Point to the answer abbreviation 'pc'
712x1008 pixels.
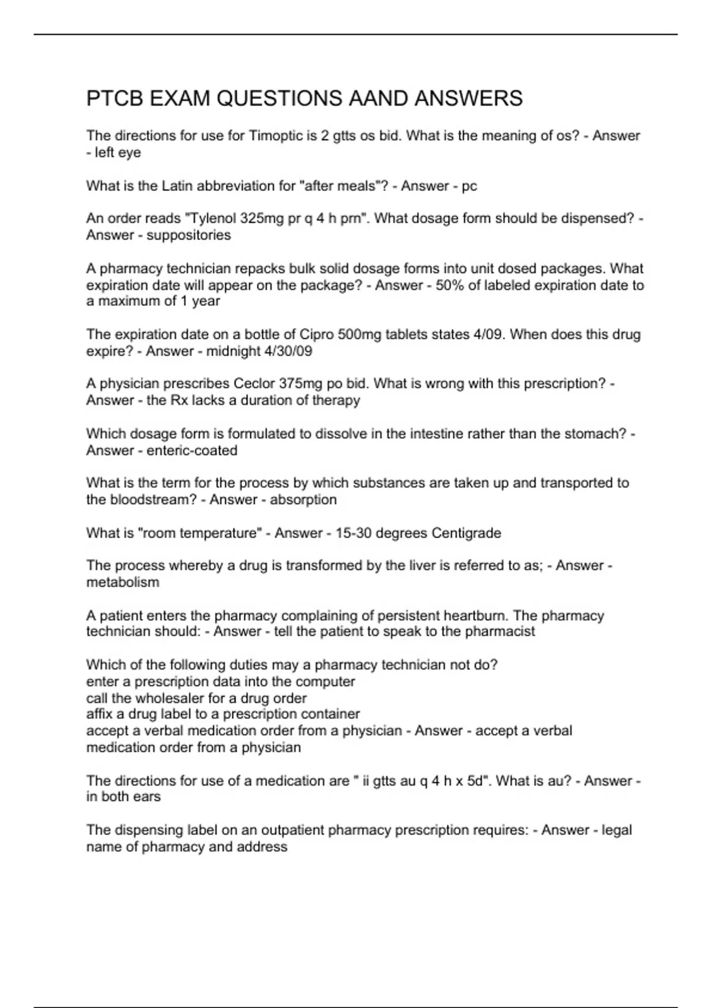pos(469,186)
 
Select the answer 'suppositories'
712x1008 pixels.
pos(189,235)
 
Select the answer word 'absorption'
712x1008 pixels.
pos(303,500)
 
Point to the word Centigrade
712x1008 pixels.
pos(466,533)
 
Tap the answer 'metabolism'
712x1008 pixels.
pos(123,582)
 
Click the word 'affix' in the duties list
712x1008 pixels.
pos(97,714)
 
